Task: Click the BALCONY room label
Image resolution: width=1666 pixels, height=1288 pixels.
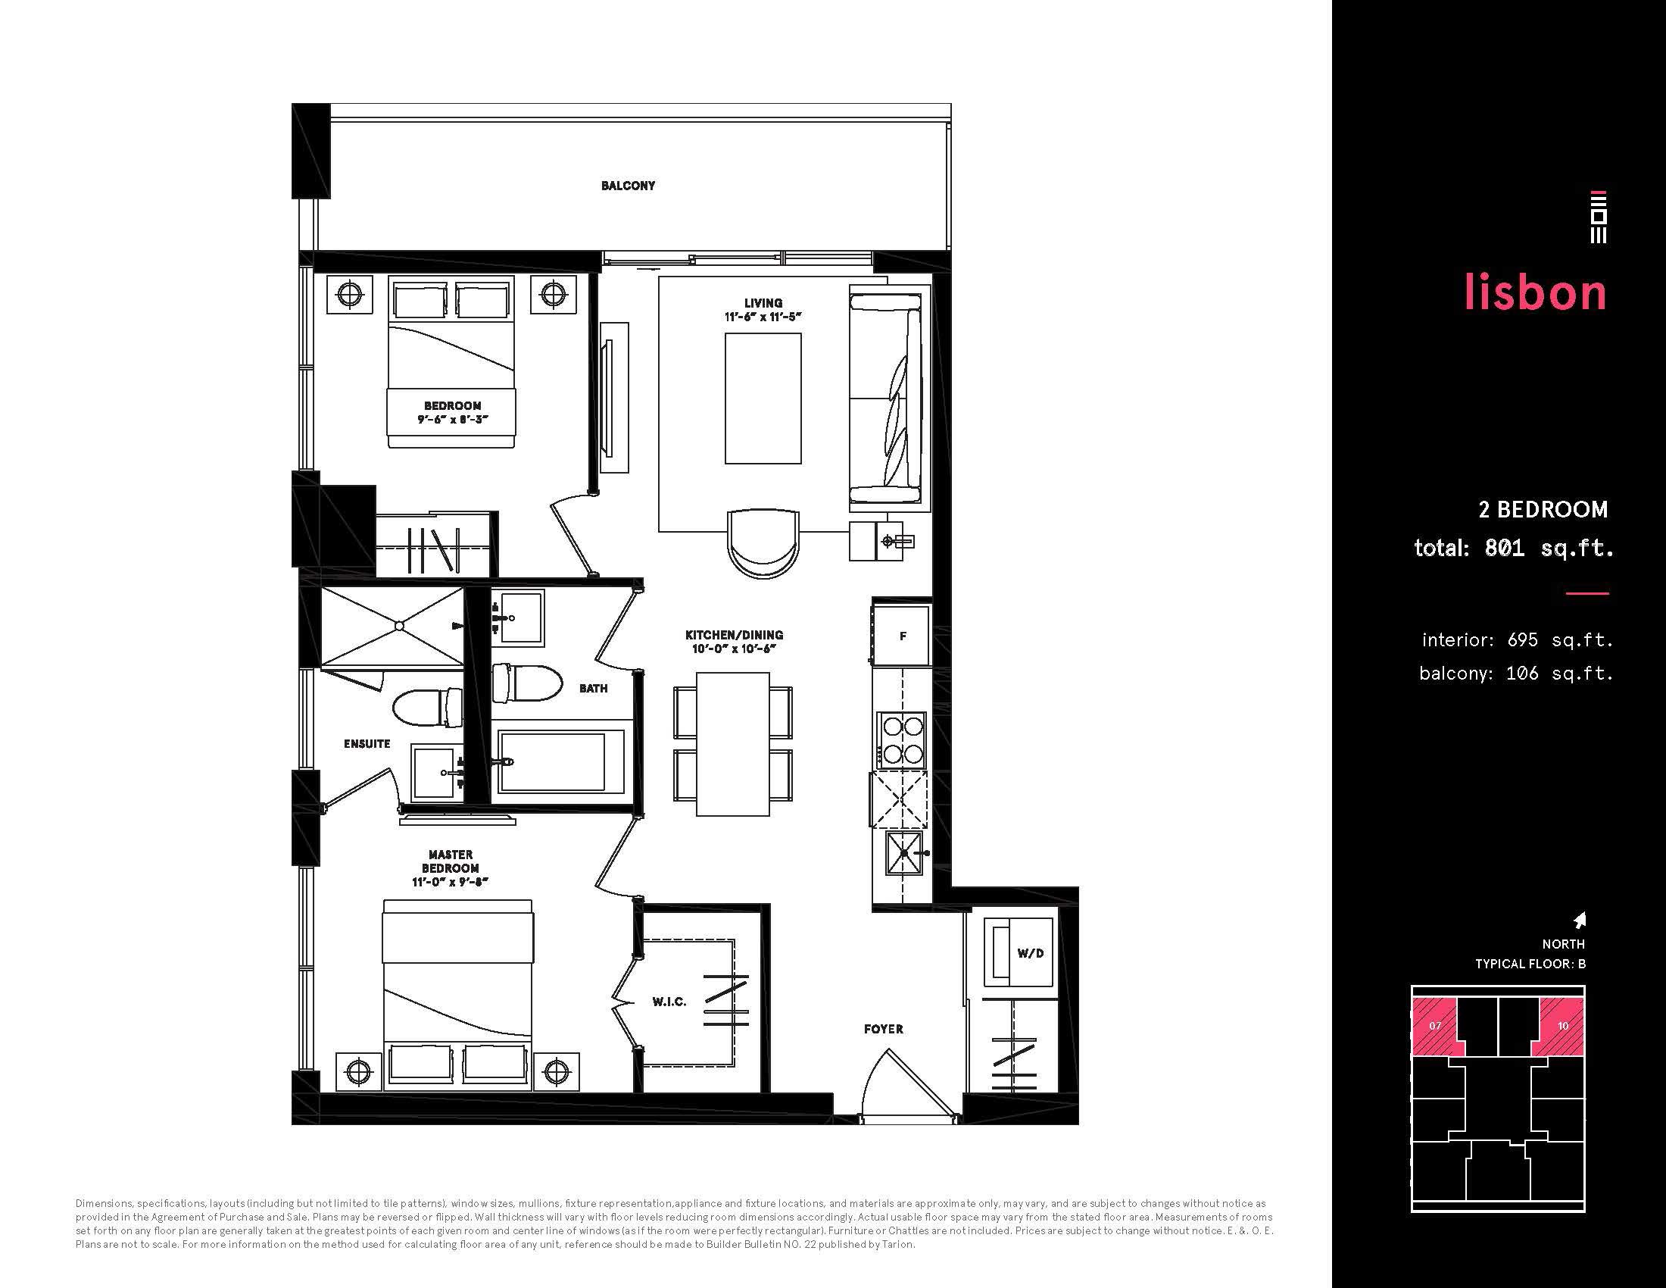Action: (x=628, y=186)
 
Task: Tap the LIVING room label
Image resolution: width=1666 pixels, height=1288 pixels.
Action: (x=763, y=303)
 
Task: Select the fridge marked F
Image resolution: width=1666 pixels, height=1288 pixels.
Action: (x=903, y=636)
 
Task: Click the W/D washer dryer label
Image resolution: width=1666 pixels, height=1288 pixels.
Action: (x=1030, y=953)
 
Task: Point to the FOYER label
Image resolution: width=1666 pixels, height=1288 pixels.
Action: (x=883, y=1030)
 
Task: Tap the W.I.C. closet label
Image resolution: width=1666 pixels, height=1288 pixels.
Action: (x=669, y=1002)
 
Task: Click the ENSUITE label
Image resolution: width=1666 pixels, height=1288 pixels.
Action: (x=367, y=744)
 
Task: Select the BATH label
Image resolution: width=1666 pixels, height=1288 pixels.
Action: (x=594, y=688)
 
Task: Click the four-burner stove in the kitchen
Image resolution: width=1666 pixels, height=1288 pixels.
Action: (x=901, y=740)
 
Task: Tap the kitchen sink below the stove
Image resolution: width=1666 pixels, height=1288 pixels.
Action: (x=903, y=853)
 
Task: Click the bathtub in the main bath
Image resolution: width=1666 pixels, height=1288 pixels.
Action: (x=560, y=762)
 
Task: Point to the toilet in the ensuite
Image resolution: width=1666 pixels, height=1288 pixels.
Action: (x=428, y=708)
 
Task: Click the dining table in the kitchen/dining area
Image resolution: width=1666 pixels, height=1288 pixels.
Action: (x=732, y=745)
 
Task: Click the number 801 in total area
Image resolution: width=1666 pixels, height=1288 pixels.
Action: (x=1503, y=547)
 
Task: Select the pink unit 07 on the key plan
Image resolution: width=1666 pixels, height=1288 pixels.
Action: (x=1435, y=1026)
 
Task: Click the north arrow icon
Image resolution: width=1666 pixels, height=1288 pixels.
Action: (x=1580, y=921)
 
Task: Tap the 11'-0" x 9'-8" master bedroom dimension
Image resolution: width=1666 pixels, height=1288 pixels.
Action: (x=450, y=882)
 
